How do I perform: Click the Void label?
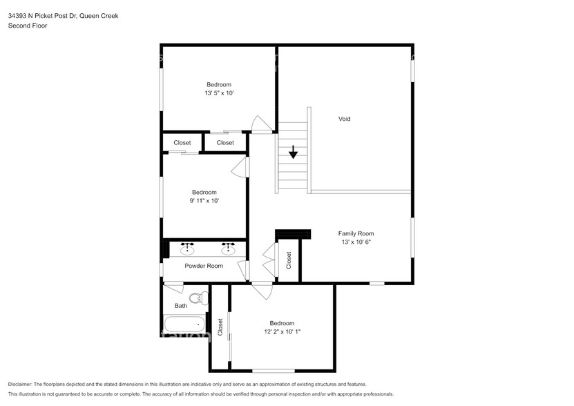(x=344, y=119)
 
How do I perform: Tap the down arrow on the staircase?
(x=294, y=152)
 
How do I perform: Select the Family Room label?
(x=356, y=233)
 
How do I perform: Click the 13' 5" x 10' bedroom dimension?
(x=218, y=93)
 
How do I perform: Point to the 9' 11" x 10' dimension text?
(x=204, y=201)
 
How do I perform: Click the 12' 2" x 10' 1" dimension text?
(x=282, y=331)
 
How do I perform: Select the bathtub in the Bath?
(x=184, y=323)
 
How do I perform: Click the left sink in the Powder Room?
(x=186, y=246)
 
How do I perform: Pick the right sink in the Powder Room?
(x=227, y=246)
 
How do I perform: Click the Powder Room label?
(x=204, y=266)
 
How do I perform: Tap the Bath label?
(x=180, y=305)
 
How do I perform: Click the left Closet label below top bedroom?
(x=182, y=143)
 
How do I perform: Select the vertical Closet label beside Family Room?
(x=289, y=260)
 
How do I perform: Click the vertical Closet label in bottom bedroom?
(x=220, y=327)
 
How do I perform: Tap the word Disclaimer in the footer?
(x=23, y=384)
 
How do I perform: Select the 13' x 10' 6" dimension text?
(x=356, y=242)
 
